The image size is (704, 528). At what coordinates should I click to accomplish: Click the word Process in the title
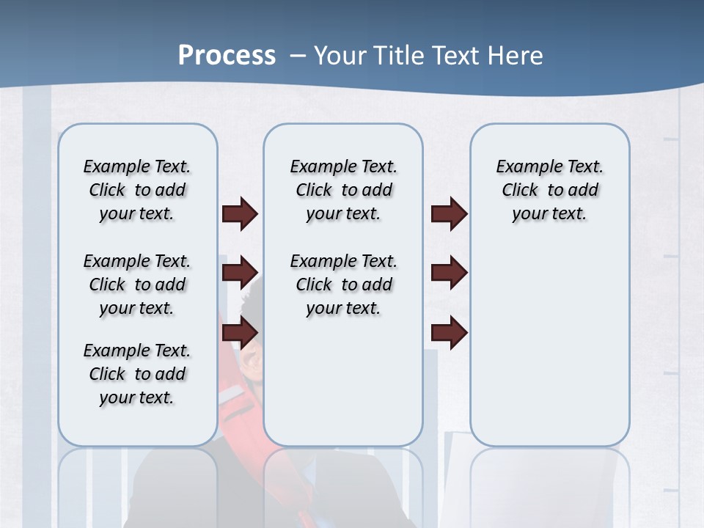click(x=227, y=56)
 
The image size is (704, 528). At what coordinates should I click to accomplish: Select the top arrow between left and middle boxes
click(x=240, y=213)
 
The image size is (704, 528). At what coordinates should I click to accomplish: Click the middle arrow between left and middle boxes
click(x=240, y=273)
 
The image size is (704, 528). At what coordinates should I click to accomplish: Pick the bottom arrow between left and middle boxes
click(x=240, y=332)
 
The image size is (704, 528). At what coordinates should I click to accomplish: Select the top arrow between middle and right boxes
click(x=449, y=213)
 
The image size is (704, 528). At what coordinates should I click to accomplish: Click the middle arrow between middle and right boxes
click(x=449, y=273)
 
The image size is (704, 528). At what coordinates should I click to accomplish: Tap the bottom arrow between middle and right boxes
click(x=449, y=332)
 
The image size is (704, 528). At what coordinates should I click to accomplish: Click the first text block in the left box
click(x=137, y=190)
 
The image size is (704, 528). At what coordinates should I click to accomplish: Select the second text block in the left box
click(x=137, y=285)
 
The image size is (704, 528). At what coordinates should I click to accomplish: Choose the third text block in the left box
click(x=137, y=374)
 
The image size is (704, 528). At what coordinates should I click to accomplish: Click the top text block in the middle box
click(x=343, y=190)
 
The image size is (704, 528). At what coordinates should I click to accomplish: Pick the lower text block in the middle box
click(x=343, y=285)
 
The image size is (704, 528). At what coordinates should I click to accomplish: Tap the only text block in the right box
click(x=549, y=190)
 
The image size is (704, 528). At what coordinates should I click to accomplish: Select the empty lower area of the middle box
click(x=343, y=381)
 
